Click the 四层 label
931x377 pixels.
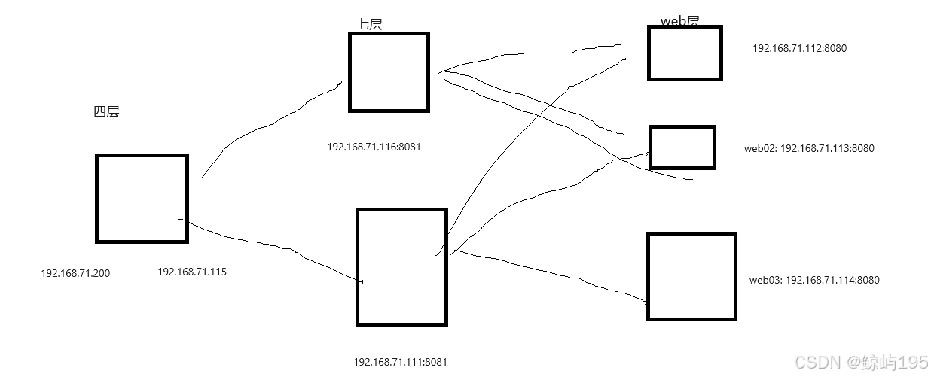[106, 112]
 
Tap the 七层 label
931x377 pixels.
[369, 24]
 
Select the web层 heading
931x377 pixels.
[679, 21]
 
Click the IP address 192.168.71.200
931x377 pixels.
[75, 273]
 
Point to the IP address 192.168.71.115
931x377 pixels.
[191, 272]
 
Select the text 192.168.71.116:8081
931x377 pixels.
[374, 147]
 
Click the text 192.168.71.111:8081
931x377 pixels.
[400, 362]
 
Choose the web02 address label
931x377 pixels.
[809, 148]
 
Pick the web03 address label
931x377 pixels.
[814, 280]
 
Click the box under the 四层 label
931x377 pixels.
[142, 199]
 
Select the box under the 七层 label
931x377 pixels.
[389, 72]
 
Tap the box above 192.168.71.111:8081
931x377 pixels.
[401, 267]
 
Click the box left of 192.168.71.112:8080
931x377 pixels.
[685, 53]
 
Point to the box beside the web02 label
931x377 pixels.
[682, 147]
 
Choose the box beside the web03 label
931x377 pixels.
[691, 276]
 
